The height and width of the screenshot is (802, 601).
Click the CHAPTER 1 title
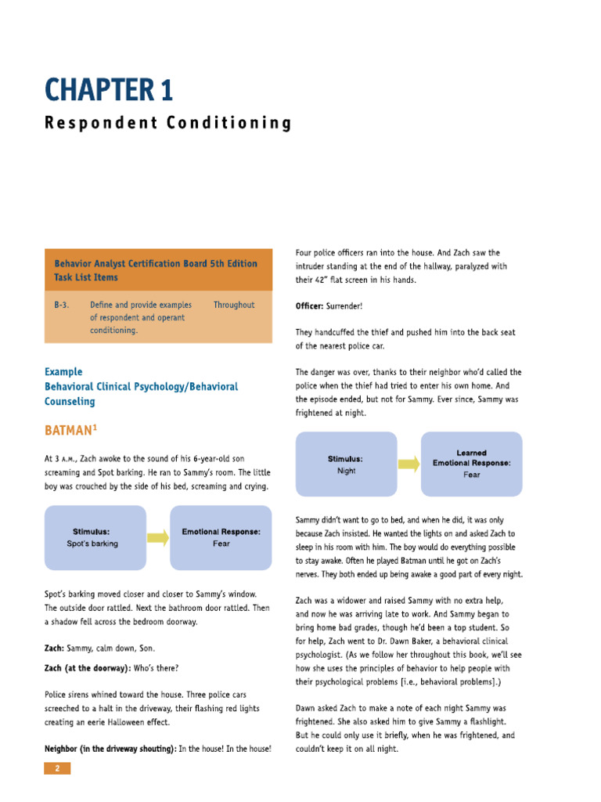point(109,90)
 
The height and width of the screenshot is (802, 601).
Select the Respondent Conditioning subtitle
point(168,123)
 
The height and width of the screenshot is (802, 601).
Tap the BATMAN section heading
point(71,431)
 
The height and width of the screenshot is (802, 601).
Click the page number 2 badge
point(57,768)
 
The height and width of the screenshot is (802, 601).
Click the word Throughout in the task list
point(233,305)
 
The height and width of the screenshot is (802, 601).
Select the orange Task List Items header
point(159,270)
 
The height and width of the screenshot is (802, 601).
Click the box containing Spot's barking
point(95,537)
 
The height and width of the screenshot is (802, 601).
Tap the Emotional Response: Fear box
point(221,537)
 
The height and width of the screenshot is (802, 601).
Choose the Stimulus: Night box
point(346,464)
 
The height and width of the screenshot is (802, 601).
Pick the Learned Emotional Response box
point(471,464)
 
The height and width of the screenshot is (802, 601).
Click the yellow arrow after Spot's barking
point(158,537)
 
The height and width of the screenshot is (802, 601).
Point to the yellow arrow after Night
point(408,464)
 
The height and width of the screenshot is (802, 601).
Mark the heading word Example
point(63,372)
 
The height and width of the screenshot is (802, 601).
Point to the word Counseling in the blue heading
point(70,402)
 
